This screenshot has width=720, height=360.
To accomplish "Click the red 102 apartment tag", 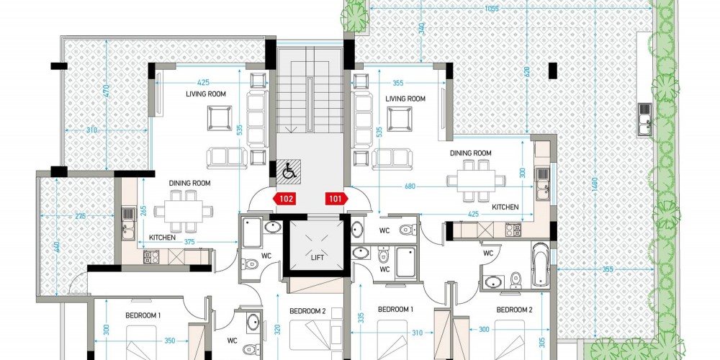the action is pos(284,199).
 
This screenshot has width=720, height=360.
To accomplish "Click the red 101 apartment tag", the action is pos(336,199).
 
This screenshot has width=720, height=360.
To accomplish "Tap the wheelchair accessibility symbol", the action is pos(289,172).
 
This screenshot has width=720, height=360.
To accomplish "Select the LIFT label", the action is pos(317,258).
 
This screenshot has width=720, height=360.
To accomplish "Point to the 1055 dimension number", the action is pos(491,9).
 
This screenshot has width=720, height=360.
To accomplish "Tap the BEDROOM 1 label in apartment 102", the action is pos(143,315).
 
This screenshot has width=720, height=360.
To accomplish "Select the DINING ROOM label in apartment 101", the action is pos(471,153).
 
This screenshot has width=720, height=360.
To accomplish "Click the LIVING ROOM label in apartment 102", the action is pos(206,94).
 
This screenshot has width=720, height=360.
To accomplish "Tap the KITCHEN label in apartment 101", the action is pos(505,207).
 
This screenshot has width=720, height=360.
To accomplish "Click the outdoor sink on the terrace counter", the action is pos(644,119).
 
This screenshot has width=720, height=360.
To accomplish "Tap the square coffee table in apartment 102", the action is pos(219,118).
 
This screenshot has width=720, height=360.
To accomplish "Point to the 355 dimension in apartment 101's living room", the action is pos(397,83).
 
